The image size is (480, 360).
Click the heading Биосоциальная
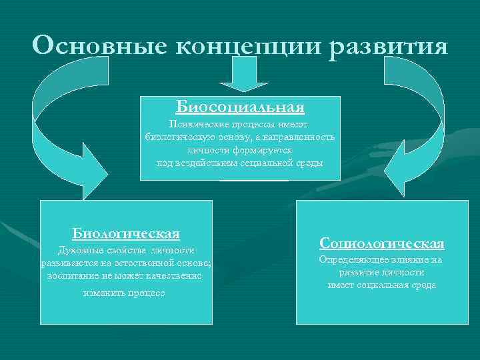coord(240,107)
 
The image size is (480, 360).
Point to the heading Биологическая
coord(126,233)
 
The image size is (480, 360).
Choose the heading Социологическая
coord(381,243)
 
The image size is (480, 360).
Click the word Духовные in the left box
coord(81,251)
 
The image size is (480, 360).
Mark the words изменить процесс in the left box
coord(125,293)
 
